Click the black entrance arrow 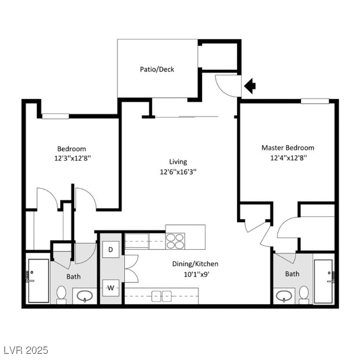[x=250, y=85]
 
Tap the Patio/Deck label [x=157, y=69]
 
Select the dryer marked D [x=111, y=249]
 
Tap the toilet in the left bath [x=61, y=294]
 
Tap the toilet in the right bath [x=304, y=293]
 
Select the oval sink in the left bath [x=85, y=296]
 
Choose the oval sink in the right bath [x=284, y=296]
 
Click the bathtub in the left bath [x=38, y=281]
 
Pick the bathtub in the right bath [x=324, y=281]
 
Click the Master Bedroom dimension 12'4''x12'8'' [x=288, y=158]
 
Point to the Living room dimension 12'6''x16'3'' [x=178, y=172]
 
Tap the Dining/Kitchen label [x=195, y=264]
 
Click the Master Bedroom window [x=315, y=101]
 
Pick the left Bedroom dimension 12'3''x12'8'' [x=72, y=158]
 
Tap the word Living [x=178, y=162]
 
